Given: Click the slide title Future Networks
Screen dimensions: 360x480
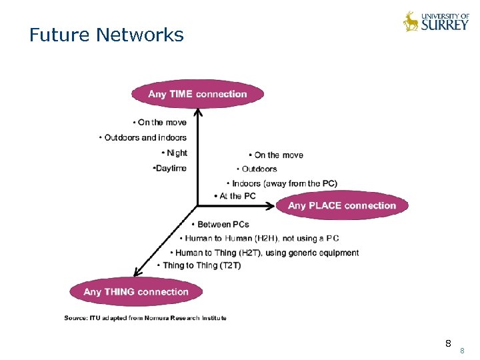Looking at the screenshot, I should pyautogui.click(x=106, y=35).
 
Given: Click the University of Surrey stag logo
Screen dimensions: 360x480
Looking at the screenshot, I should pyautogui.click(x=411, y=21).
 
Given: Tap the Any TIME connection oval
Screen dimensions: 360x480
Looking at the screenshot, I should pyautogui.click(x=197, y=94).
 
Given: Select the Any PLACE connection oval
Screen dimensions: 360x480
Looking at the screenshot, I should pyautogui.click(x=341, y=205).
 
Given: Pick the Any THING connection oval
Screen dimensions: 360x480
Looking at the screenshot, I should pyautogui.click(x=136, y=291).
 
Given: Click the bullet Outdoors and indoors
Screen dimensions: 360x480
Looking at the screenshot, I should pyautogui.click(x=143, y=138).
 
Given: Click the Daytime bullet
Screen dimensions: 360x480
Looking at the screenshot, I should pyautogui.click(x=170, y=169).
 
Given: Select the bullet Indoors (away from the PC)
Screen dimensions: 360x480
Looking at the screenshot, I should pyautogui.click(x=282, y=183).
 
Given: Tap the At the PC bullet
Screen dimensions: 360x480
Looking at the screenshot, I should pyautogui.click(x=235, y=196).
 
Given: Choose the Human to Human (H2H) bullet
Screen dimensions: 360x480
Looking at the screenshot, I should pyautogui.click(x=259, y=239).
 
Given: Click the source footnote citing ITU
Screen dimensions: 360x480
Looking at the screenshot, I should pyautogui.click(x=145, y=318).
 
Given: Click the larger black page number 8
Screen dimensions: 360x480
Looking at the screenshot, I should pyautogui.click(x=448, y=344).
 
